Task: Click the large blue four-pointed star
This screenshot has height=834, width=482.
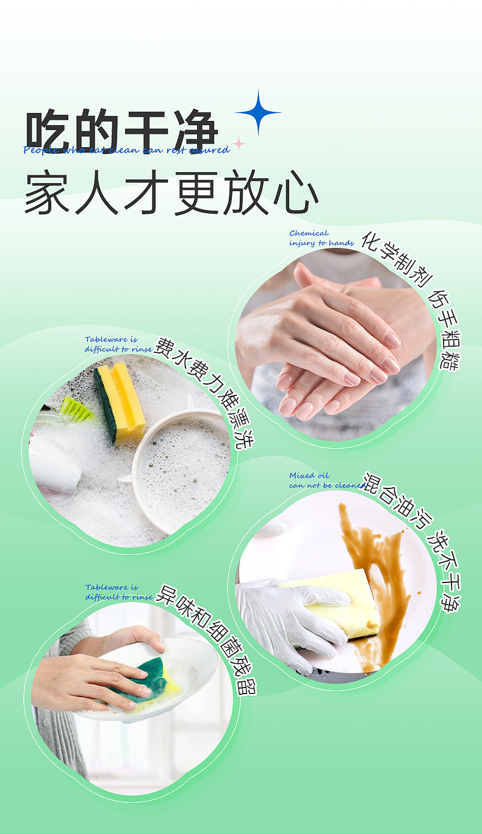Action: coord(258,112)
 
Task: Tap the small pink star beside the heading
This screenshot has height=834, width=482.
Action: coord(239,144)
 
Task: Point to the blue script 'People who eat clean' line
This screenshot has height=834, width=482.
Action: coord(126,150)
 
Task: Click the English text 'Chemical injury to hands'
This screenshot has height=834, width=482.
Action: coord(321,238)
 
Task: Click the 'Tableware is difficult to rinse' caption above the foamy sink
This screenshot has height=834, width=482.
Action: coord(118,344)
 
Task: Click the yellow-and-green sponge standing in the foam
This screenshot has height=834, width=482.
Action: coord(120,403)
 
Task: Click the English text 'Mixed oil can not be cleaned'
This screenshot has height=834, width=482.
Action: coord(326,480)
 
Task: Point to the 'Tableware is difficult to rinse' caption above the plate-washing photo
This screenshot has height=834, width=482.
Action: coord(119,592)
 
